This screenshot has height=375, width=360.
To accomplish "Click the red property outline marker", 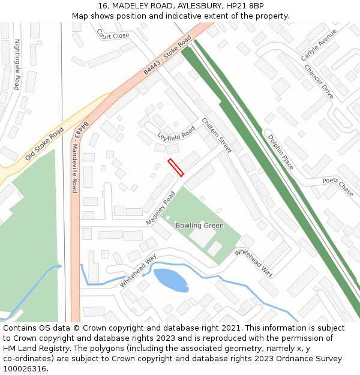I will coord(176,167).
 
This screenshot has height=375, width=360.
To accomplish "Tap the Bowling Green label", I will coord(199,226).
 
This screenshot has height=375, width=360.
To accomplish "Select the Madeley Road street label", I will coord(160,208).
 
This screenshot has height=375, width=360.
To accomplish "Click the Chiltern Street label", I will coord(217,135).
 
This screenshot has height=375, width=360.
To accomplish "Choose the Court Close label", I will coord(113,35).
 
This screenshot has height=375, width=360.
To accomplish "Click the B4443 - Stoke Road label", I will coord(167,55).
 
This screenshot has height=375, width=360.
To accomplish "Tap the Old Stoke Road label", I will coord(44,145).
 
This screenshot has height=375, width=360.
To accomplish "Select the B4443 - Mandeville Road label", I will coord(78,156).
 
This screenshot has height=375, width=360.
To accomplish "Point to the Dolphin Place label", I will coord(280,152).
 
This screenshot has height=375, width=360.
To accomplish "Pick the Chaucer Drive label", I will coord(319,83).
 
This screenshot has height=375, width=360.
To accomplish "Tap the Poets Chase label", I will coord(338,187).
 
